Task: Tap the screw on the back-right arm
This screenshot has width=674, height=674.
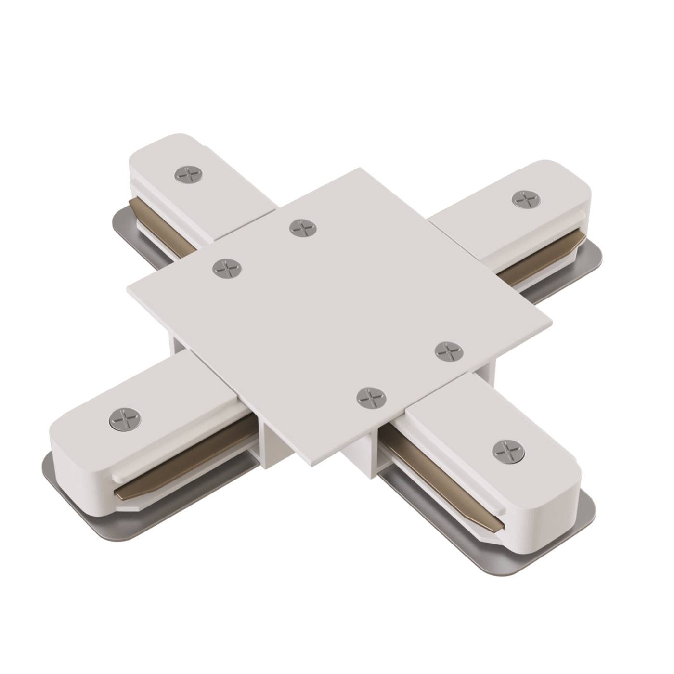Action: click(x=526, y=199)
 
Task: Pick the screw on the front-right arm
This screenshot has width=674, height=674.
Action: click(x=508, y=452)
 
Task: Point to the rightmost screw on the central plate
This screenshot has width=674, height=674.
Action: click(x=449, y=351)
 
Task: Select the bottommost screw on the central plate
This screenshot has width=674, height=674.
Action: click(x=371, y=397)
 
